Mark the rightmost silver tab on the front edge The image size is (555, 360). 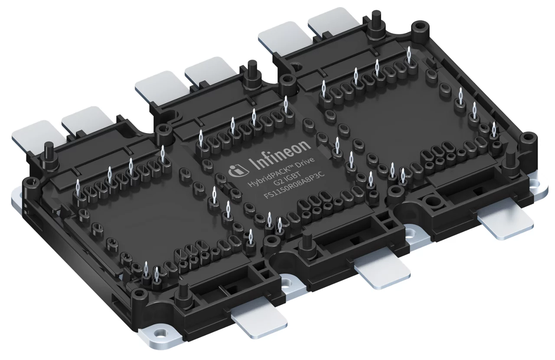(x=506, y=224)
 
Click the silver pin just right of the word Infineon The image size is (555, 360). (x=336, y=146)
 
